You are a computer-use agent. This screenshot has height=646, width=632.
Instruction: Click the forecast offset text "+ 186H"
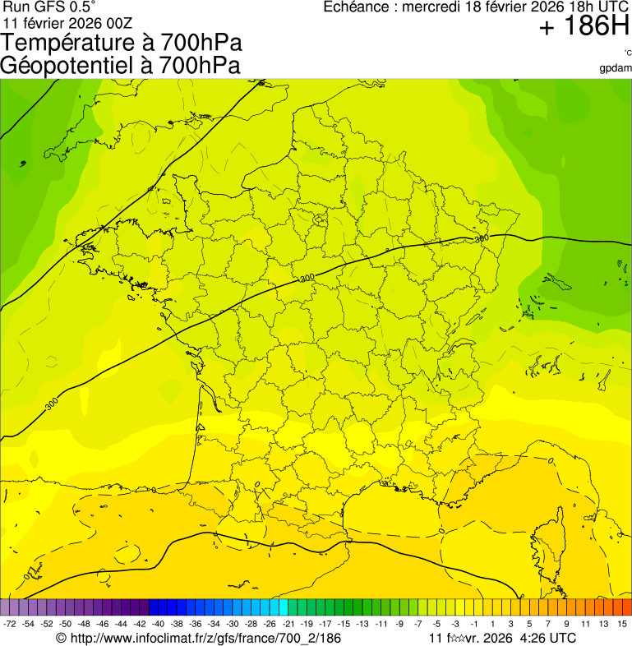point(584,27)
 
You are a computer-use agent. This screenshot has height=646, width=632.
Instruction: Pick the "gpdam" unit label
point(616,67)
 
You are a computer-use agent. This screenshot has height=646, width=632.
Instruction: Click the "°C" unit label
point(627,53)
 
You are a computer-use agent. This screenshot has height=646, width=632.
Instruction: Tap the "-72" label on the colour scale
point(10,624)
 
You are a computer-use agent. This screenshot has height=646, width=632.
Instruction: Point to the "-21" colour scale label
point(288,624)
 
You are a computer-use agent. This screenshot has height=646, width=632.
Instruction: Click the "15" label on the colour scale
point(623,624)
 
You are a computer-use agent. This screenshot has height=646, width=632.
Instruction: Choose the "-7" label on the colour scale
point(418,624)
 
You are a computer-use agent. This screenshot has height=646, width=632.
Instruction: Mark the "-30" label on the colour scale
point(233,624)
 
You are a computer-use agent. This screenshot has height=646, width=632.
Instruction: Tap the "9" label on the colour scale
point(567,624)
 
